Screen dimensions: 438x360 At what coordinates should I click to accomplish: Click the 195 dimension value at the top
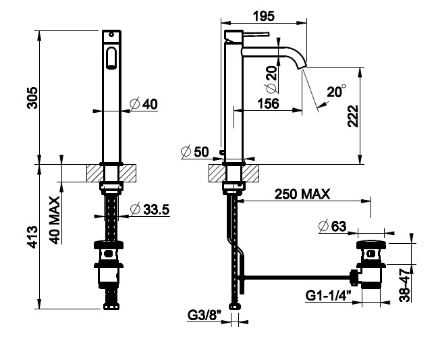264,16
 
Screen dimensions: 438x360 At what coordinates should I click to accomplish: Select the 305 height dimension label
32,97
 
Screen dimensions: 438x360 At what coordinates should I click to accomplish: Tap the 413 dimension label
32,237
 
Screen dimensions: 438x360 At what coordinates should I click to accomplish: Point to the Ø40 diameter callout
144,104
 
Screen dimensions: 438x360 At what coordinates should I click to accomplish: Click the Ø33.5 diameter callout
150,209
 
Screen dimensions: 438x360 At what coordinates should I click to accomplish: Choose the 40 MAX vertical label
55,220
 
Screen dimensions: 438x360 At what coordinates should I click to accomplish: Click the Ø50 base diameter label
195,152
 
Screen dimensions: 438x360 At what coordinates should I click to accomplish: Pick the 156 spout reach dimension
268,103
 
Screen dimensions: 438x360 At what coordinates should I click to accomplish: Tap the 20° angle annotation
336,91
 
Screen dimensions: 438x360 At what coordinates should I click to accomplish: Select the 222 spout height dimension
353,116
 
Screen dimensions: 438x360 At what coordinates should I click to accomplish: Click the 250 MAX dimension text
302,194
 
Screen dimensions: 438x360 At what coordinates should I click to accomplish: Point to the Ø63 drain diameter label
333,226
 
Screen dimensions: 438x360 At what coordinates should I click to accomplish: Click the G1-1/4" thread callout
328,295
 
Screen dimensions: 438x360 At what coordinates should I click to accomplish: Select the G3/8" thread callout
204,315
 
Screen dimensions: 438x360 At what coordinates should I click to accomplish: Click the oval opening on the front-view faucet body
111,57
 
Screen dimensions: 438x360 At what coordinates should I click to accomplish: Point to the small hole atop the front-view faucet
111,35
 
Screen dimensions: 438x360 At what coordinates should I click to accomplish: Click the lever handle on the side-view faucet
255,34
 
